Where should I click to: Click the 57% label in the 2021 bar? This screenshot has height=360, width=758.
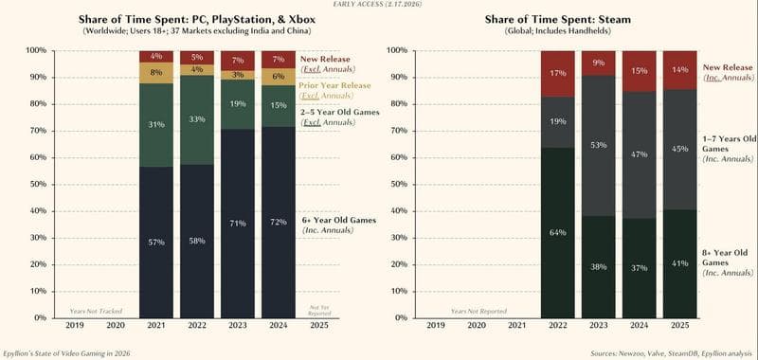tap(155, 243)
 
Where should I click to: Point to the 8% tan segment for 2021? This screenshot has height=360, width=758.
tap(155, 72)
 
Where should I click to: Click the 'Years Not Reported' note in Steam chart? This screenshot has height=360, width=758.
tap(471, 311)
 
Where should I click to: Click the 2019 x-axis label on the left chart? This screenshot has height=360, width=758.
tap(75, 325)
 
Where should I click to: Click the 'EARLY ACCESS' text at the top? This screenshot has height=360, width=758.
tap(378, 5)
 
